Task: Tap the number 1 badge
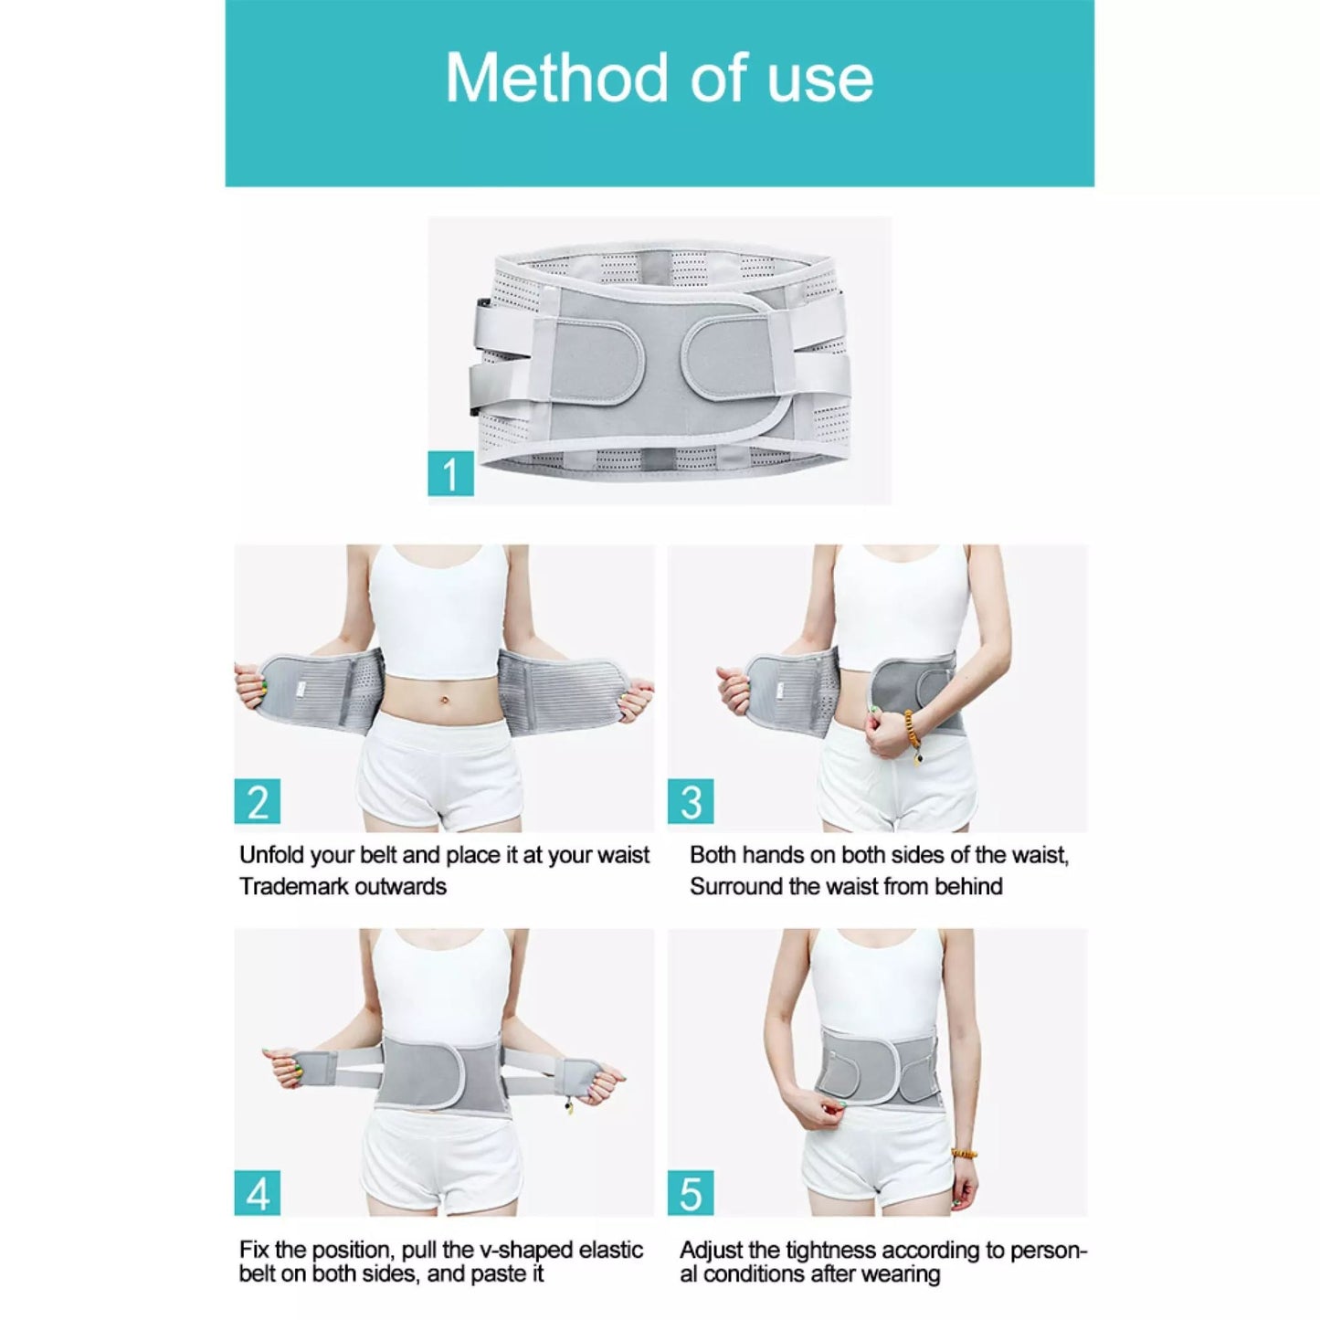point(450,474)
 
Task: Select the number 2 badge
point(258,801)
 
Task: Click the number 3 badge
point(691,801)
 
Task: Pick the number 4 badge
point(258,1193)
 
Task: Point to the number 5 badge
point(691,1193)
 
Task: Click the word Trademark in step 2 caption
point(293,886)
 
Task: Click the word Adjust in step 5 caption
point(710,1250)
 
